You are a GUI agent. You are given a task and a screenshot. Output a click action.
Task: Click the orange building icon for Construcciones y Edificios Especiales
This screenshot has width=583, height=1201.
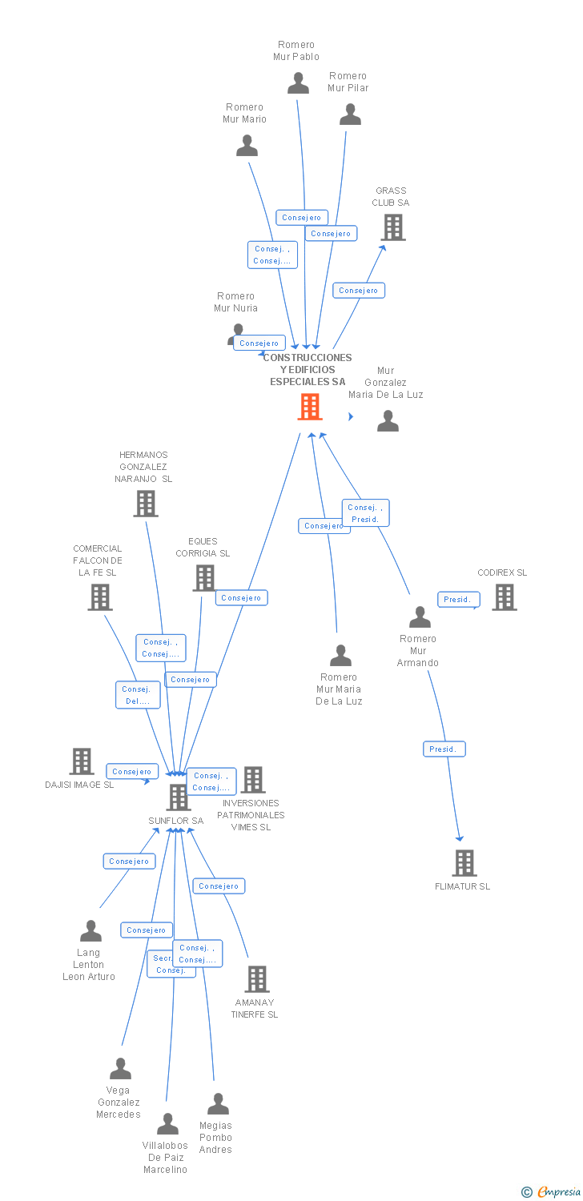310,407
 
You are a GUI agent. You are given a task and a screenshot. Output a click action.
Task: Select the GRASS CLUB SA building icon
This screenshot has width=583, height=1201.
393,227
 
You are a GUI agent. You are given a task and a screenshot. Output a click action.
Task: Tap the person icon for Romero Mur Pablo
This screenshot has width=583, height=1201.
298,82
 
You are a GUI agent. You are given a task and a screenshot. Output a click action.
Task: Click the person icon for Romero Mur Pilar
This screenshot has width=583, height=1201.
350,114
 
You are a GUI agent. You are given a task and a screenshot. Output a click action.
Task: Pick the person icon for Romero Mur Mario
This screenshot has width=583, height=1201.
247,146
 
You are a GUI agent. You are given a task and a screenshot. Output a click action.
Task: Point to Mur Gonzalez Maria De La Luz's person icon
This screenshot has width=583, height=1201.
388,420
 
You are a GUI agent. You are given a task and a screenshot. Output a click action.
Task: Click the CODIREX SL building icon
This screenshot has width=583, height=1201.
504,596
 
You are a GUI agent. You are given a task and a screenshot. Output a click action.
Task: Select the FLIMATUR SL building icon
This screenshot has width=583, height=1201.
464,863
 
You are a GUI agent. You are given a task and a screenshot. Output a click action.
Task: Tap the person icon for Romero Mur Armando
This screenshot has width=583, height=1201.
420,617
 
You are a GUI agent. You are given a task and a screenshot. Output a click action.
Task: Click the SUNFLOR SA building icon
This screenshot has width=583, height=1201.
178,797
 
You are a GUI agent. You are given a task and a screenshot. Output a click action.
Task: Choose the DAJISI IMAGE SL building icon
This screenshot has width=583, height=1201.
81,761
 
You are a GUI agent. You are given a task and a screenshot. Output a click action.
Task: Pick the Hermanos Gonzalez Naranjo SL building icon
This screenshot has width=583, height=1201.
145,504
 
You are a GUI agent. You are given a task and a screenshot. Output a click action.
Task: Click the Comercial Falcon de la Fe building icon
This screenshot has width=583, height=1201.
99,596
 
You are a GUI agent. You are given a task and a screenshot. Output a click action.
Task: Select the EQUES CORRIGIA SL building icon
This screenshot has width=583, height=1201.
204,577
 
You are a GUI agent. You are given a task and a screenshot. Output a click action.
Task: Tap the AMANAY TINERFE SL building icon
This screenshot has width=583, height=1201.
256,978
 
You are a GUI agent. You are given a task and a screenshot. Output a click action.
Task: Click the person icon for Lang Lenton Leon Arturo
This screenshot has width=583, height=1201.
90,931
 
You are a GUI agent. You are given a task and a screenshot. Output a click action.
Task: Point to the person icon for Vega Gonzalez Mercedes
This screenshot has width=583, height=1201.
120,1069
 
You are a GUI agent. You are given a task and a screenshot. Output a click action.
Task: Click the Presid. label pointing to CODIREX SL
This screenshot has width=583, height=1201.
458,599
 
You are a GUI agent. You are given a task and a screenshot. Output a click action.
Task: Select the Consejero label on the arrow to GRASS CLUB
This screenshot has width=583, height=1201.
359,291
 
